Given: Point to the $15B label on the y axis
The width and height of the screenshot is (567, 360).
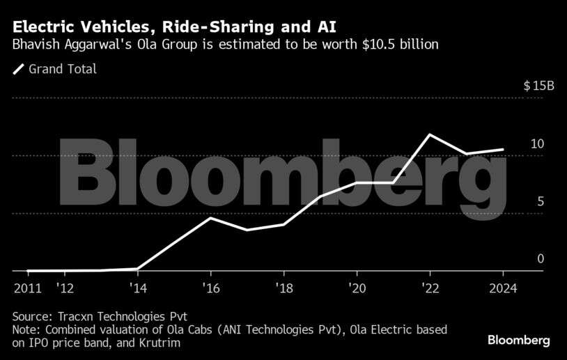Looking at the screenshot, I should pos(539,86).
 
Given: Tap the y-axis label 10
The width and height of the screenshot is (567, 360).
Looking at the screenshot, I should pos(537,144).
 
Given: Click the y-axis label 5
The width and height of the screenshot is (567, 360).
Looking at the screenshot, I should pos(541,202).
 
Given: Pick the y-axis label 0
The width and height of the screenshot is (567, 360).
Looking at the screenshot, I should pos(541,259).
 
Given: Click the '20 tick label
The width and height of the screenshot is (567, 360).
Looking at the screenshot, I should pos(356,288).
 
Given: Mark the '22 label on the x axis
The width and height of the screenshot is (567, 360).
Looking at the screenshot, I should pos(429,288).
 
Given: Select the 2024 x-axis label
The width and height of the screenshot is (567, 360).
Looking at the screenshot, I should pos(502,288).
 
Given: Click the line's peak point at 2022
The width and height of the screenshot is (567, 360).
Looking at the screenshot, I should pos(430,134).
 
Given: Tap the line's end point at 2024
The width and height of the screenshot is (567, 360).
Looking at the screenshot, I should pos(503,149).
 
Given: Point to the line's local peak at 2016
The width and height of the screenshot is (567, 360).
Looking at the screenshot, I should pos(211,218).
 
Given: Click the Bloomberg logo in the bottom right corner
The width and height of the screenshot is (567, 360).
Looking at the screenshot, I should pos(518,341).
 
